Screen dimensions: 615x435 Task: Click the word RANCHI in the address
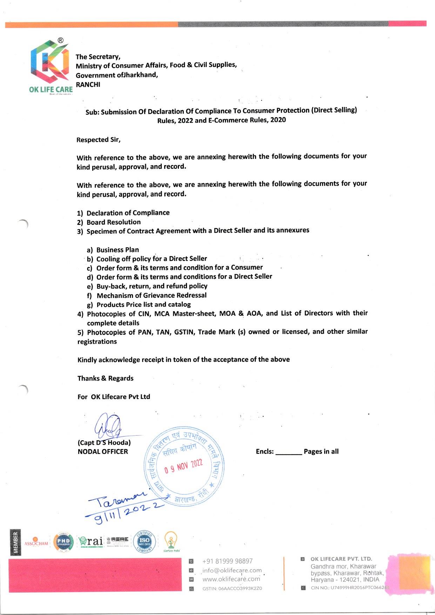coord(88,85)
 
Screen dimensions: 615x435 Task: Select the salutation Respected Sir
coord(98,140)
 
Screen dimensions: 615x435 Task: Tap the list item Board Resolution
coord(113,222)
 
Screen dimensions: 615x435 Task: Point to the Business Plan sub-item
coord(118,250)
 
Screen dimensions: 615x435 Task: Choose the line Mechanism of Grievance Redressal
coord(152,295)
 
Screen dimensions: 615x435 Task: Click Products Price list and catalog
coord(143,305)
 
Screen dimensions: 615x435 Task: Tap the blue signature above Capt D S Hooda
coord(107,426)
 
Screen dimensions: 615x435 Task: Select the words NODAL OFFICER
coord(103,452)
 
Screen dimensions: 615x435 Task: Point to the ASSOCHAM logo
coord(36,542)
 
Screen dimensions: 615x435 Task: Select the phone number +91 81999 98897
coord(227,561)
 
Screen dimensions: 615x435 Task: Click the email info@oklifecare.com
coord(232,570)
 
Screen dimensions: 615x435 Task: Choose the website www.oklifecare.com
coord(231,579)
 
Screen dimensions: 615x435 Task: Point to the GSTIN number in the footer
coord(232,588)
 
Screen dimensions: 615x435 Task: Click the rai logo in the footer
coord(91,541)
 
